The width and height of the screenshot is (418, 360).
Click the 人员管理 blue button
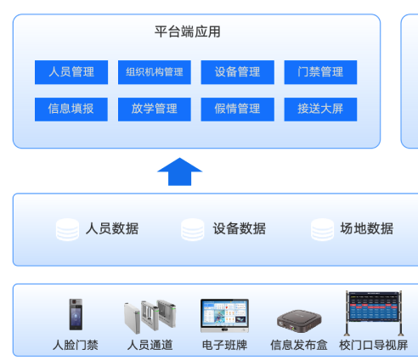71,72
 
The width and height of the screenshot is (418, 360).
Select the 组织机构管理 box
155,72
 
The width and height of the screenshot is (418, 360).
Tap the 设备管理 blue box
238,72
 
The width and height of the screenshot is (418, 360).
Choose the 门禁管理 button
320,72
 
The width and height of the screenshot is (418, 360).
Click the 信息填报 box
71,110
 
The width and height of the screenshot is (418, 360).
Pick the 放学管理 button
155,110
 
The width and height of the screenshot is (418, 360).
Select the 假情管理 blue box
238,110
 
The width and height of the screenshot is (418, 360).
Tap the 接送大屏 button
320,110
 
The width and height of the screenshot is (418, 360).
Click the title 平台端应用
188,31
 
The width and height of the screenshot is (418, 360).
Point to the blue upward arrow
180,172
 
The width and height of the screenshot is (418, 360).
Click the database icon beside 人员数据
67,229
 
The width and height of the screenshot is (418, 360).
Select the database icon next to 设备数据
193,229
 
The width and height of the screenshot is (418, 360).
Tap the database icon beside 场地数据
322,229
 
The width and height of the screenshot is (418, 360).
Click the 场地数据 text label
367,228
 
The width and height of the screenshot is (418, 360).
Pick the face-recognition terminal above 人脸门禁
76,314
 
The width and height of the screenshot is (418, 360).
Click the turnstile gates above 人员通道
150,316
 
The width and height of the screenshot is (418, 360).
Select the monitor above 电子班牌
224,316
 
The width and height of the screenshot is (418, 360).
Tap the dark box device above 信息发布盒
299,321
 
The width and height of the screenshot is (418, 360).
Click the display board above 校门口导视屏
374,312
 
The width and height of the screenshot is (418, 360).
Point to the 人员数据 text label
112,228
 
